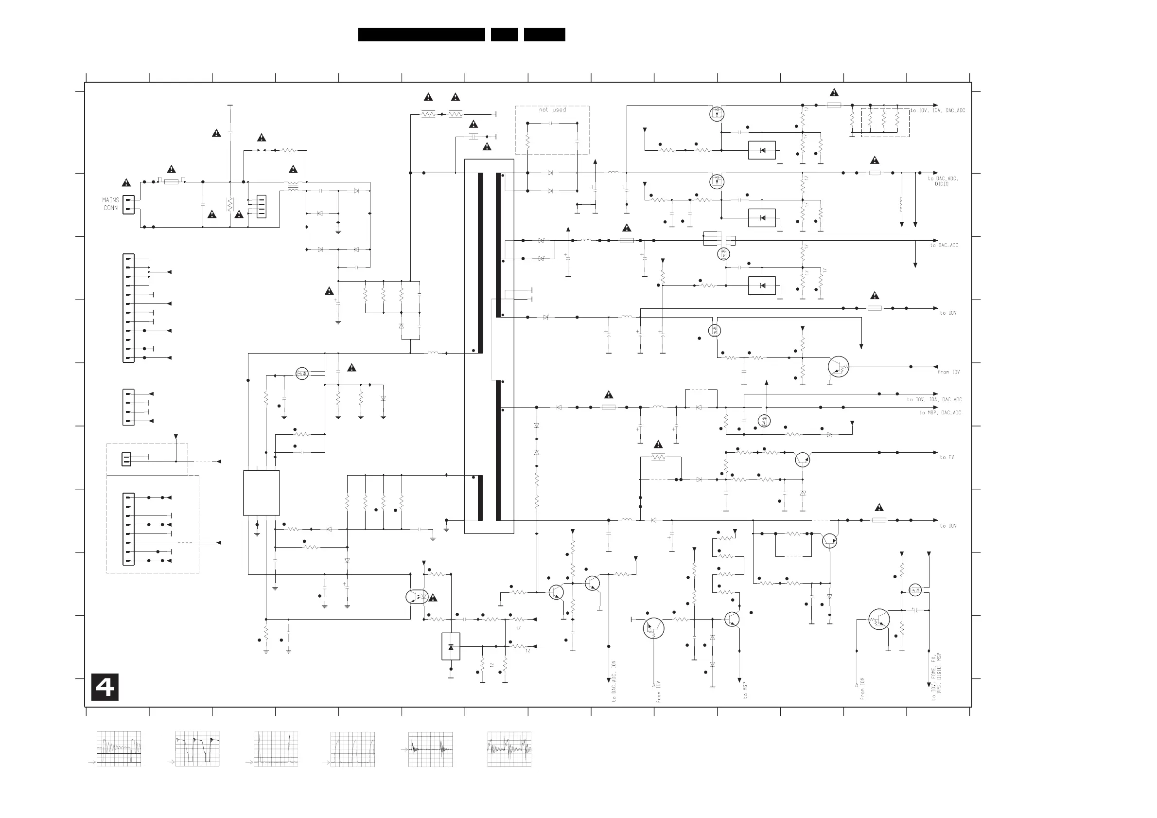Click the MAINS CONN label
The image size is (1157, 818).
click(x=111, y=204)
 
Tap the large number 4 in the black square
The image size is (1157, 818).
click(x=105, y=687)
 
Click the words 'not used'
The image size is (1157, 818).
click(x=552, y=110)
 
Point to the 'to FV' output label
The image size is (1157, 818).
click(x=947, y=457)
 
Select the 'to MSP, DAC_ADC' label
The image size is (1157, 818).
click(x=940, y=413)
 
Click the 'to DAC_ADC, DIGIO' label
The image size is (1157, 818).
click(x=942, y=181)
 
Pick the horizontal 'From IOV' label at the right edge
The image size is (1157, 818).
click(x=948, y=372)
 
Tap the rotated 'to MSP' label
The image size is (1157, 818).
click(x=745, y=690)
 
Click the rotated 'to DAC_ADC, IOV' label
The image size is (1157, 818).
click(x=614, y=682)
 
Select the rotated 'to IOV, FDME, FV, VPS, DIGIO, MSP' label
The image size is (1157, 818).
click(x=936, y=677)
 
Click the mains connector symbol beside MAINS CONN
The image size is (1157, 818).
click(x=128, y=204)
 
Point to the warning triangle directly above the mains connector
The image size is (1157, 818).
click(x=126, y=182)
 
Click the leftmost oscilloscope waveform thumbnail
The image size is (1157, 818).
click(x=119, y=749)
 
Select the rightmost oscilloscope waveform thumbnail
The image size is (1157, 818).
click(x=509, y=749)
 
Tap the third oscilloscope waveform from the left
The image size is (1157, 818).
click(x=276, y=749)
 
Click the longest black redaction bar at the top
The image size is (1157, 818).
click(x=421, y=34)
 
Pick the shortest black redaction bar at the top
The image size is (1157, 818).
click(x=505, y=34)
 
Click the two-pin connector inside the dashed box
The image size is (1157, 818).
click(x=126, y=459)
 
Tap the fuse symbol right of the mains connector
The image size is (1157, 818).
click(x=171, y=181)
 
